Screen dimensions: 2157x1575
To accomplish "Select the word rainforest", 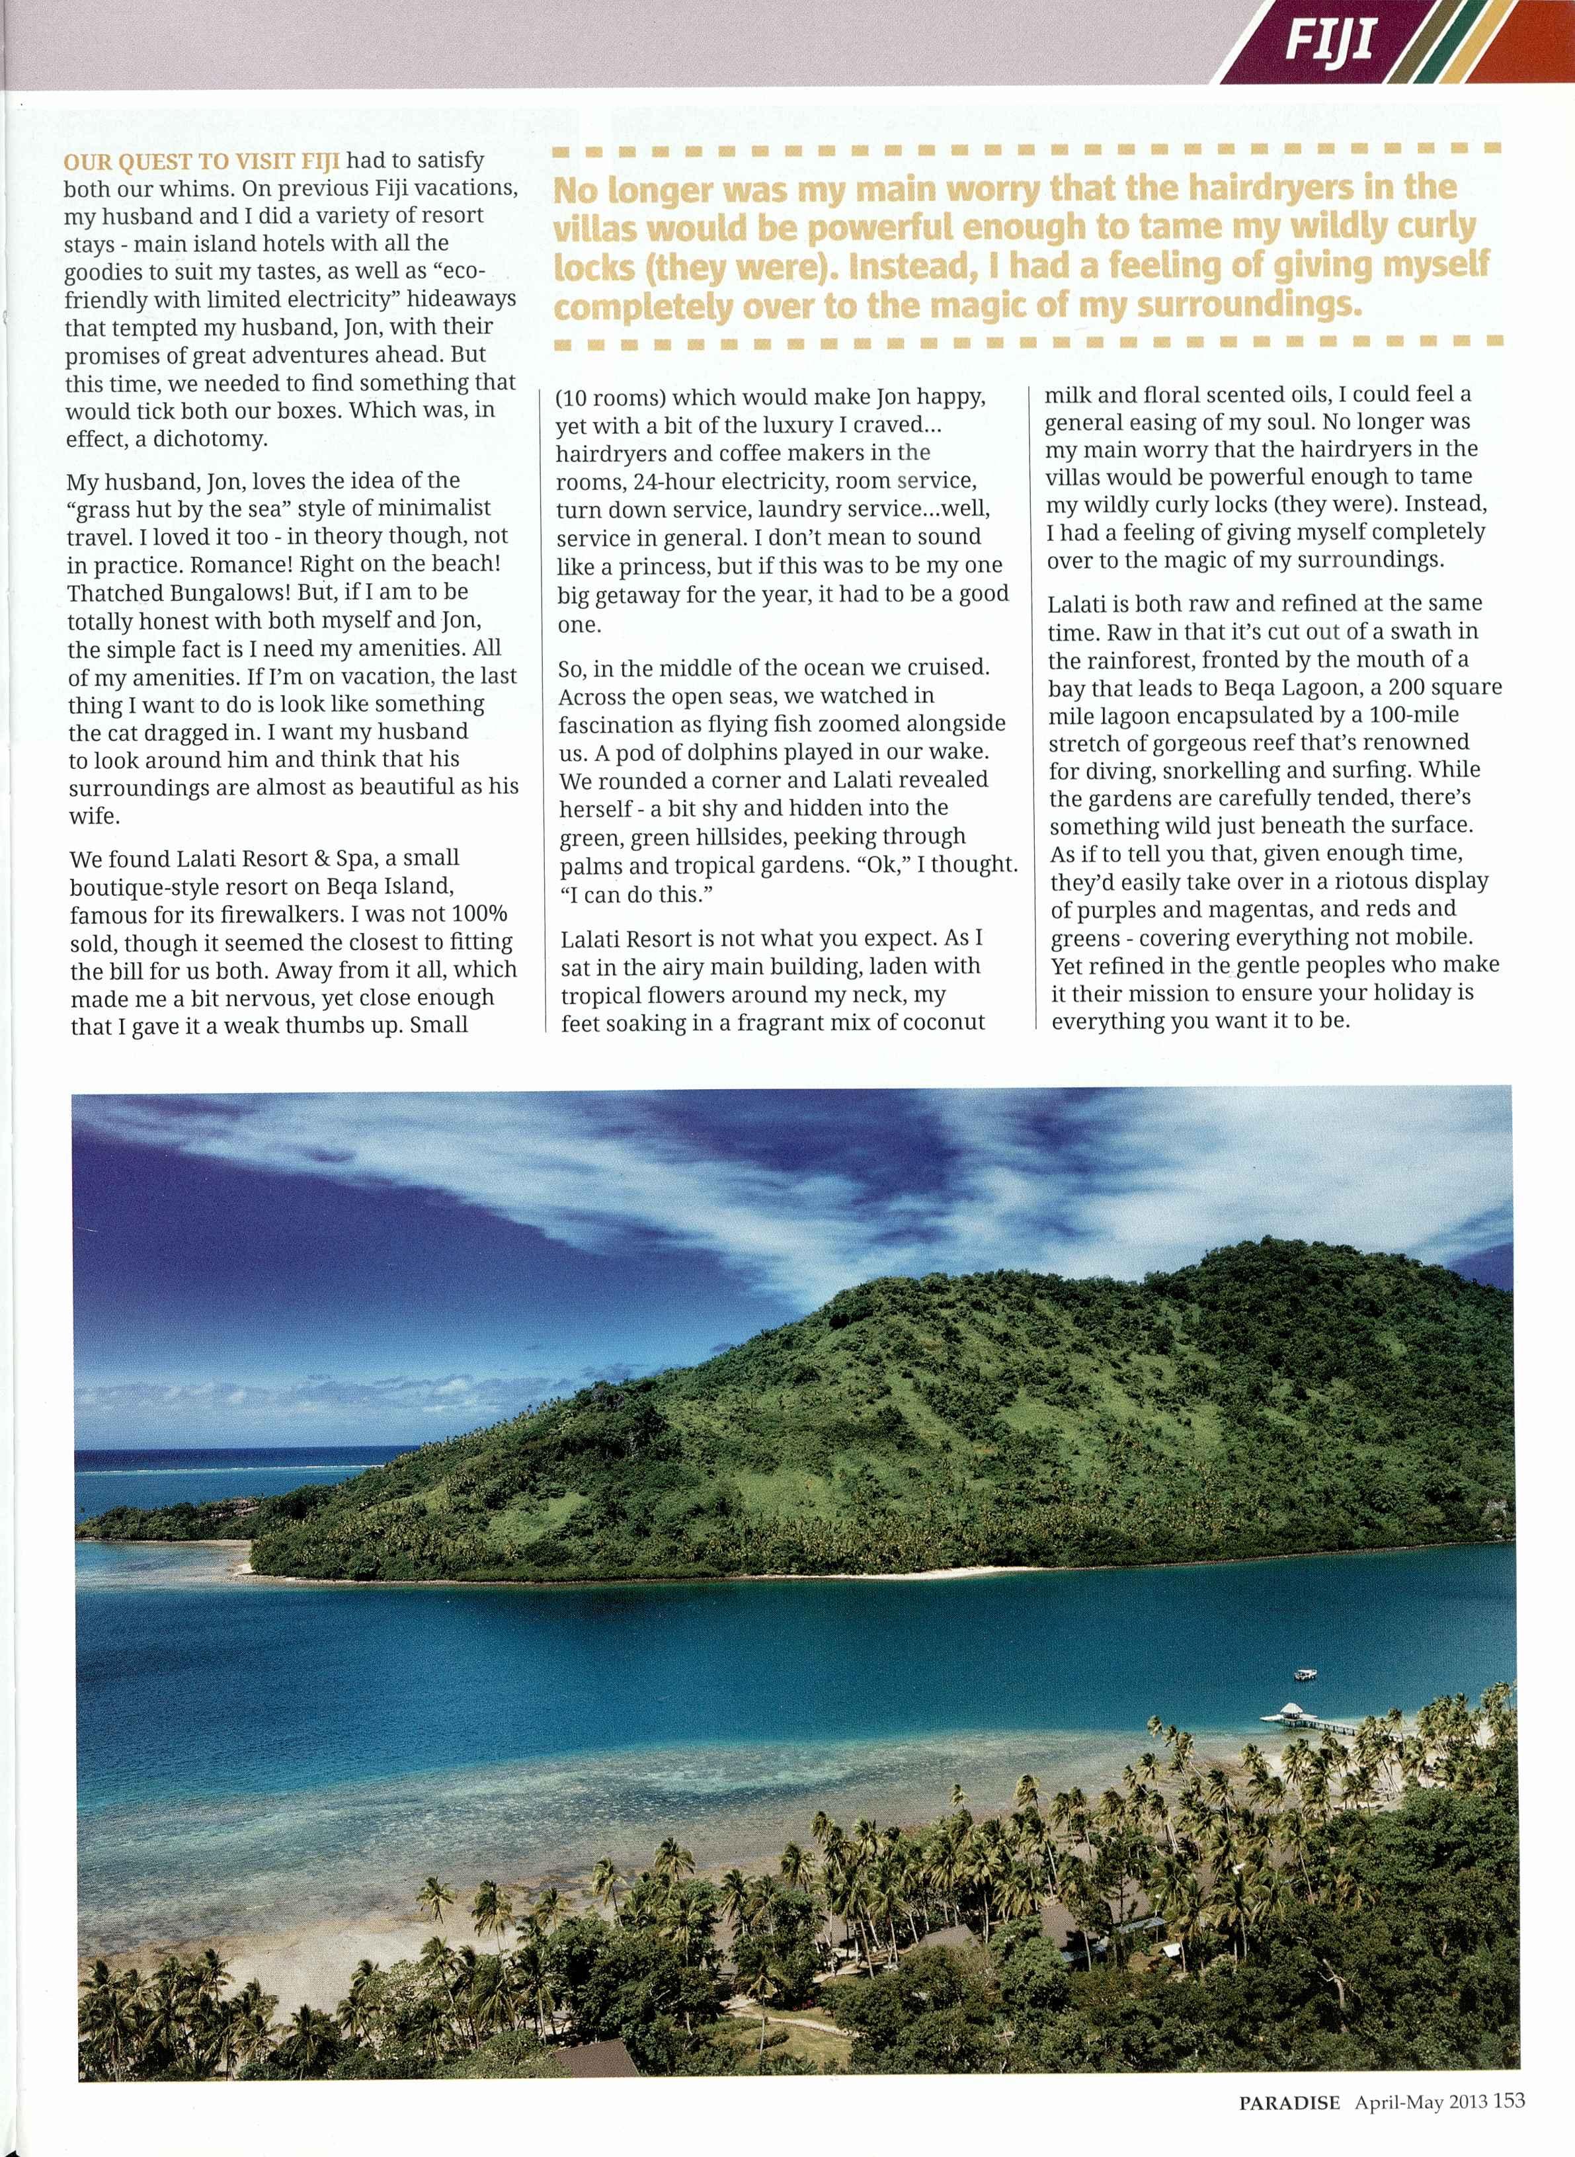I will point(1109,660).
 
